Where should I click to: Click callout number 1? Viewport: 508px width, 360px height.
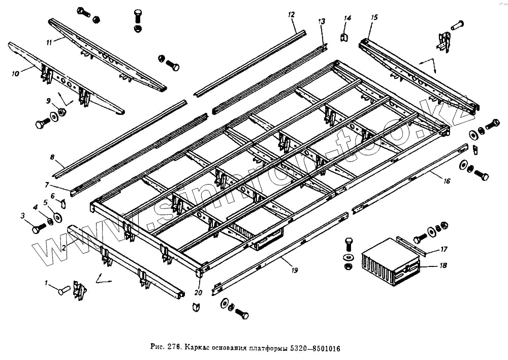(47, 283)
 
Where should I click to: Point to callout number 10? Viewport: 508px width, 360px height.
(15, 74)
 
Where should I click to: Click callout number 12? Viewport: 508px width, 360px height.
(291, 15)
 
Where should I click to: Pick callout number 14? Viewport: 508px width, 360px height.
(347, 18)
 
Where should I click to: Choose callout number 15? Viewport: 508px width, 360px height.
(374, 17)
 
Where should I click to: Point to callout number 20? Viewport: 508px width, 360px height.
(198, 292)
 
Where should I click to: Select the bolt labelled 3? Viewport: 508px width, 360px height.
(39, 228)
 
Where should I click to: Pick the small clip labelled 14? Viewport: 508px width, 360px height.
(344, 37)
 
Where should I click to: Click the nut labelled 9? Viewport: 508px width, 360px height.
(61, 111)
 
